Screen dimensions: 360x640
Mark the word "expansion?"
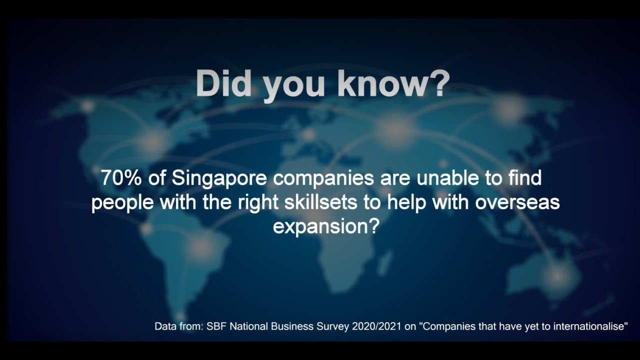point(324,226)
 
